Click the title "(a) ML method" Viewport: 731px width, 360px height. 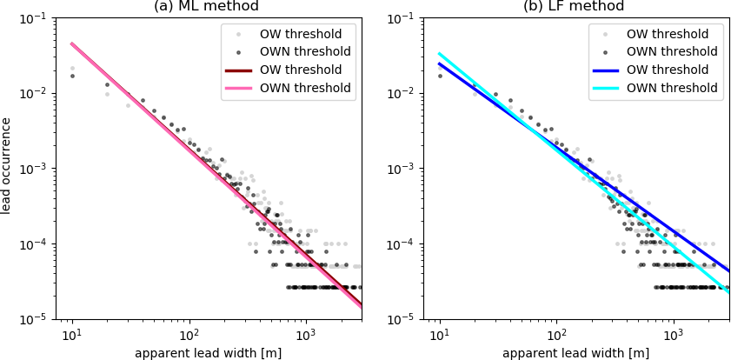tap(206, 7)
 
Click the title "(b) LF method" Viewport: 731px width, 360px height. tap(574, 7)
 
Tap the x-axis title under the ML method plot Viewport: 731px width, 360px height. tap(208, 353)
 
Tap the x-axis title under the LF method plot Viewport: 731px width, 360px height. tap(575, 353)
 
